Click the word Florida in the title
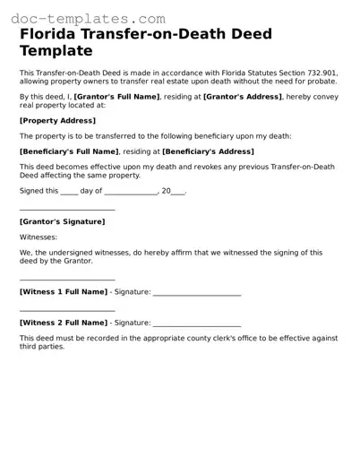click(x=51, y=35)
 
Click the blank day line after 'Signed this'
click(x=69, y=192)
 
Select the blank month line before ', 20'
click(x=131, y=192)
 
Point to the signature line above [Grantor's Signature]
click(x=67, y=210)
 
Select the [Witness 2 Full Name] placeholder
click(x=64, y=322)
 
